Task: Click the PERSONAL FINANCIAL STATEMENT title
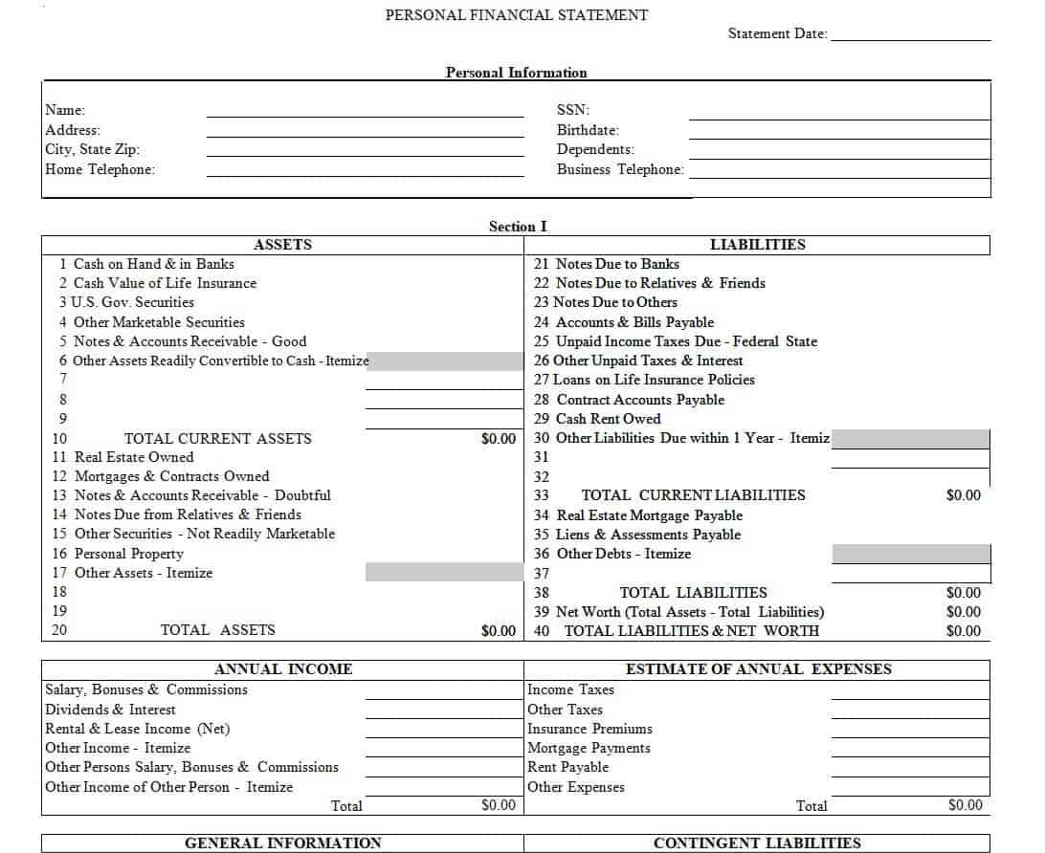516,15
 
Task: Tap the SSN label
573,111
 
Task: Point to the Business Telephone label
620,170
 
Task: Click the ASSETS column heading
282,245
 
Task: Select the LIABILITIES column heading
757,245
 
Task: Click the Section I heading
518,227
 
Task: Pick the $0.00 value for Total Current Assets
498,439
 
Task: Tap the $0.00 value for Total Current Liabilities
963,495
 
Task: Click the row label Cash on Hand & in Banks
153,264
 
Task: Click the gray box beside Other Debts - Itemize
910,554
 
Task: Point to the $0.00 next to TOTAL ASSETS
498,631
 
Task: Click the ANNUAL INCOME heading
282,669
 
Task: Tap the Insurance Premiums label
589,729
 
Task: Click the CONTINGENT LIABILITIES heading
756,843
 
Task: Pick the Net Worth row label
689,612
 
